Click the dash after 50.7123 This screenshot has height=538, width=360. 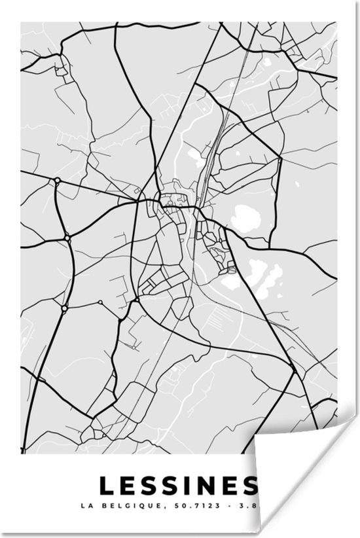(x=225, y=505)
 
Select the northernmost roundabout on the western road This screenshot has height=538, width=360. (x=58, y=180)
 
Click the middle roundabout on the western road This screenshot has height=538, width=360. (x=67, y=236)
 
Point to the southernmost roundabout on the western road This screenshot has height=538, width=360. (x=64, y=307)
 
